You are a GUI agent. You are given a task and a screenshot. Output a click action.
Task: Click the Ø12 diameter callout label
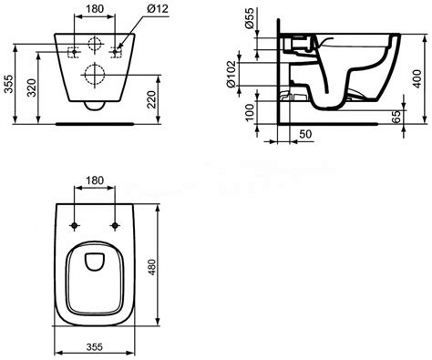click(158, 8)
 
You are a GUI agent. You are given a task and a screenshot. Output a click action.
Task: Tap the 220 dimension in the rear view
click(151, 99)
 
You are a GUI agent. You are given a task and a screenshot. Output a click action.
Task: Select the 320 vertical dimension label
click(31, 87)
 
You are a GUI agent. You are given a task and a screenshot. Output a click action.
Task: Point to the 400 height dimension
click(417, 78)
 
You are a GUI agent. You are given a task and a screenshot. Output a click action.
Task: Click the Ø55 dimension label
click(249, 20)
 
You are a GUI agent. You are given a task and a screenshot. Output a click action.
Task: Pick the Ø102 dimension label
click(231, 74)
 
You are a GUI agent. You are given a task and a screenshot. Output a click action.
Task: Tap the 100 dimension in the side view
click(249, 112)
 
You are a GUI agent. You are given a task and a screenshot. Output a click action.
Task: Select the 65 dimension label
click(396, 117)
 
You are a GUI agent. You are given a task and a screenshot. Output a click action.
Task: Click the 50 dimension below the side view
click(305, 134)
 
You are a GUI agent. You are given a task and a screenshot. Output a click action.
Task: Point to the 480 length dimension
click(151, 267)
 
